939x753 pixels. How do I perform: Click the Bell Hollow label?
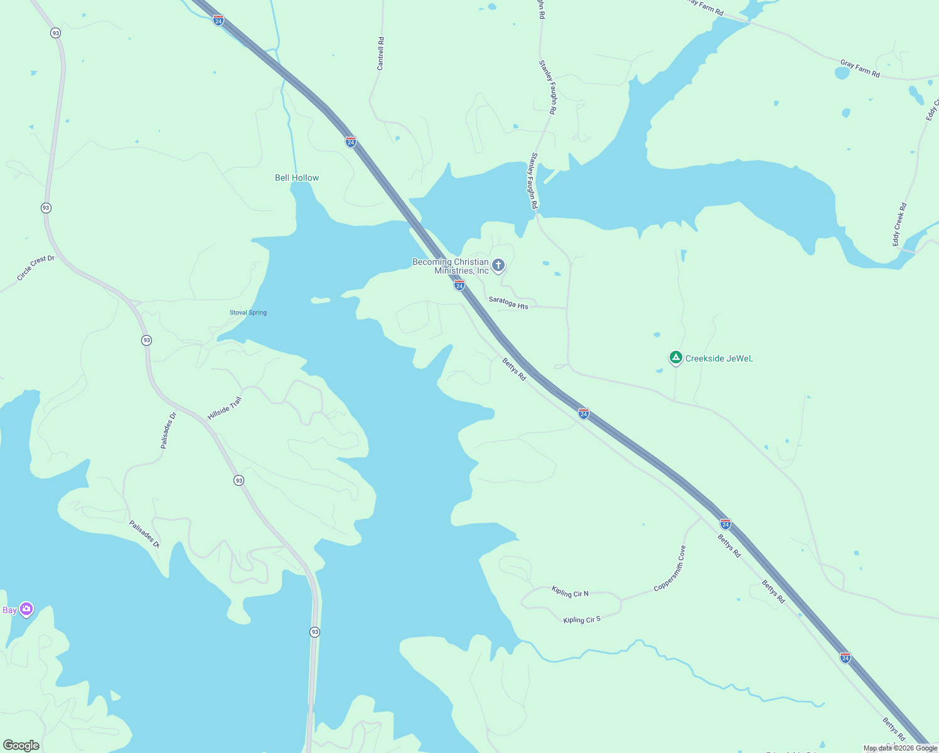pos(297,178)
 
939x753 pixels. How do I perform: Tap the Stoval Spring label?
pos(248,312)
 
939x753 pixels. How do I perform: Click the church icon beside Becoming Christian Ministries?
pos(498,265)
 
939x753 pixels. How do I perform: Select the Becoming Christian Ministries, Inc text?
pos(451,266)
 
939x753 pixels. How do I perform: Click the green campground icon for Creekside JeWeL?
pos(675,358)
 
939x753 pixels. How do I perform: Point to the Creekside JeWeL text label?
pos(719,359)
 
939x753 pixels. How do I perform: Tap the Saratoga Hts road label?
pos(508,302)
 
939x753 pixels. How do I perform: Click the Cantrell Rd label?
pos(380,53)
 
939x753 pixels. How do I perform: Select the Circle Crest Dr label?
pos(36,268)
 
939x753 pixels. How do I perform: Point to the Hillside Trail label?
pos(225,408)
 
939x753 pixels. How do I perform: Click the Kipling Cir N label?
pos(570,591)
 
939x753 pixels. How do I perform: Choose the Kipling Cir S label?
pos(582,620)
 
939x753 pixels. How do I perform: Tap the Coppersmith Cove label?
pos(670,569)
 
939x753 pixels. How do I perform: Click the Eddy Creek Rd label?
pos(900,224)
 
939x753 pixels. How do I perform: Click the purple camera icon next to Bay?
pos(26,609)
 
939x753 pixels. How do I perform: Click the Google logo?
pos(21,745)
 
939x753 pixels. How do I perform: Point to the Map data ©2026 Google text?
pos(900,748)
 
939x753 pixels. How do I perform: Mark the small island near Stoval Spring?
pos(320,301)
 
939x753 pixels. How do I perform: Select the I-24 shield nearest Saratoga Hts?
pos(459,286)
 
